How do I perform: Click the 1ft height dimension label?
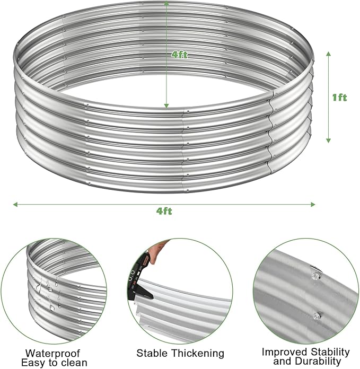click(x=339, y=98)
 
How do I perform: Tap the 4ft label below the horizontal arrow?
click(x=164, y=211)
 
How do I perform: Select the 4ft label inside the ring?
click(x=179, y=55)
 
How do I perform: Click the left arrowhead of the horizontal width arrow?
click(x=15, y=204)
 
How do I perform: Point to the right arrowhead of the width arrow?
click(x=313, y=204)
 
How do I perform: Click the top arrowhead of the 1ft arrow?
click(x=329, y=54)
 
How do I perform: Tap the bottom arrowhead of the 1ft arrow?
click(x=329, y=140)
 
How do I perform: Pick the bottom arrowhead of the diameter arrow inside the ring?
click(x=166, y=106)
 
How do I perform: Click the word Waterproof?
click(x=52, y=353)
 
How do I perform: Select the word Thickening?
click(x=198, y=353)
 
